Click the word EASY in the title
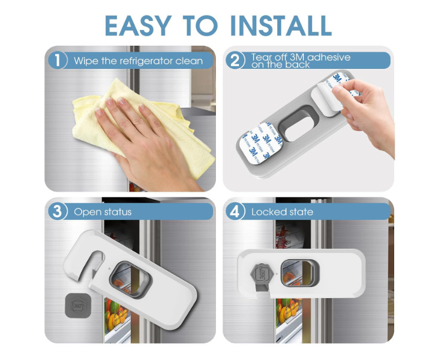click(x=138, y=25)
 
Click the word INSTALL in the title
click(x=281, y=25)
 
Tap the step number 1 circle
click(x=57, y=60)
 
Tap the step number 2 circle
click(x=234, y=60)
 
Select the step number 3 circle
click(x=57, y=211)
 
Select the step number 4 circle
click(x=234, y=211)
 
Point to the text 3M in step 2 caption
click(x=298, y=57)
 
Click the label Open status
click(x=102, y=212)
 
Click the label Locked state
click(x=282, y=212)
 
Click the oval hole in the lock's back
click(x=298, y=124)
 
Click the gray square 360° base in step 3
click(x=78, y=306)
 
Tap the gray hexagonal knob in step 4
click(x=261, y=274)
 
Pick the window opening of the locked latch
click(x=300, y=273)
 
